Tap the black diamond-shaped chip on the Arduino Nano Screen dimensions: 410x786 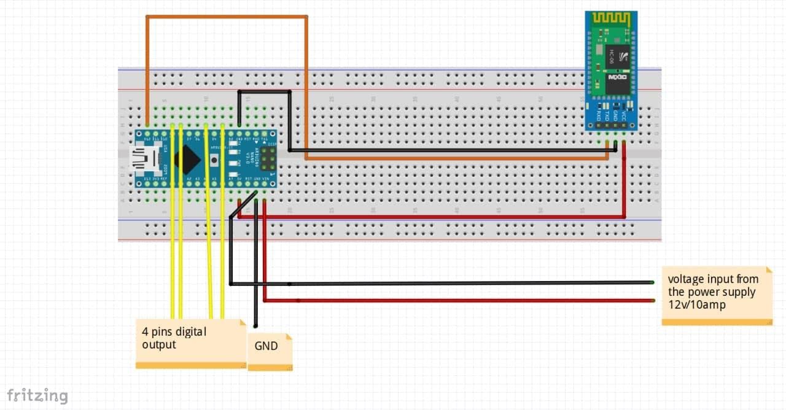point(186,160)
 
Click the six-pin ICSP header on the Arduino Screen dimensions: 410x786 point(268,161)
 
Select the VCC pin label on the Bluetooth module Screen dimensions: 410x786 point(623,115)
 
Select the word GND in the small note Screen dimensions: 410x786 point(266,346)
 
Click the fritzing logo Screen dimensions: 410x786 point(37,395)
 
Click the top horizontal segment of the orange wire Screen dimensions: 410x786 point(227,17)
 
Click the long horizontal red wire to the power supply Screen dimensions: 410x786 point(461,301)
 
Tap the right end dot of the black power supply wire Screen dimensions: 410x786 point(653,282)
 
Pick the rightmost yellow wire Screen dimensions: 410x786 point(223,246)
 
